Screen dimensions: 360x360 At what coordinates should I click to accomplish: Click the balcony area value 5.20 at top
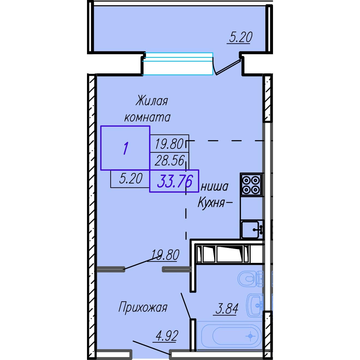coord(241,37)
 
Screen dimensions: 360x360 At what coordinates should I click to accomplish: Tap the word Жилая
coord(152,101)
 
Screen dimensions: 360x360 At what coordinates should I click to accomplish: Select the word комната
coord(147,118)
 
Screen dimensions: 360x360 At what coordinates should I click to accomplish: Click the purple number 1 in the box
coord(126,148)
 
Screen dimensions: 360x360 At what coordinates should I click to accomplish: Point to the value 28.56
coord(170,160)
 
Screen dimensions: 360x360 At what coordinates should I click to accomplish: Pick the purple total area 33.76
coord(175,181)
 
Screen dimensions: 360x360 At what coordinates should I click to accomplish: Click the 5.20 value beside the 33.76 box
coord(131,178)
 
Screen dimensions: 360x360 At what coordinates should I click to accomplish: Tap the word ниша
coord(214,187)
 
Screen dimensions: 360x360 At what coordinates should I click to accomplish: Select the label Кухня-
coord(215,202)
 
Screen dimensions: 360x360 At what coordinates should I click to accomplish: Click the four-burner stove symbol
coord(251,185)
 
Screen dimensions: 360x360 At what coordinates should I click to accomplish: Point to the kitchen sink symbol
coord(252,229)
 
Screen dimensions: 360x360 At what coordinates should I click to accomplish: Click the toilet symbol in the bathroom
coord(250,279)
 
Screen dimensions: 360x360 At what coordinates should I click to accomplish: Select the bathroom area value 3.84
coord(227,309)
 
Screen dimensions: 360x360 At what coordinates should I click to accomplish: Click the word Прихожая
coord(143,307)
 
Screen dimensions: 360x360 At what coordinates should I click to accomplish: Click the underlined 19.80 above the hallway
coord(165,255)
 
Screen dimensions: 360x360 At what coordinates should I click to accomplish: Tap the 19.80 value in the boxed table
coord(169,144)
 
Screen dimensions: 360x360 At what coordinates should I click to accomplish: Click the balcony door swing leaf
coord(228,67)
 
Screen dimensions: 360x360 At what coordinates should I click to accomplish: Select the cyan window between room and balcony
coord(178,64)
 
